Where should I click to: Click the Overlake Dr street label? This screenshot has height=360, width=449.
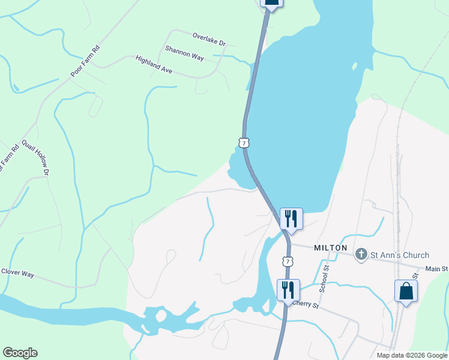(209, 40)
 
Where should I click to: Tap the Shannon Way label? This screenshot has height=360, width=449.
(185, 53)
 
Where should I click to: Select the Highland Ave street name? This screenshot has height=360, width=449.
(154, 65)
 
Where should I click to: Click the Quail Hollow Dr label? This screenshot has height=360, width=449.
(35, 157)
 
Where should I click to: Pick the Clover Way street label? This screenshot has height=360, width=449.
(17, 273)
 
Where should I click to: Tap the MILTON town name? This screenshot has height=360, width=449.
(330, 248)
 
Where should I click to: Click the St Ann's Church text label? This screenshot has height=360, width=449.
(399, 255)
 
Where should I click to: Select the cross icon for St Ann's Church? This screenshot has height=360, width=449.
(361, 254)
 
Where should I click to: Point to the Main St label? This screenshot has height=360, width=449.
(436, 269)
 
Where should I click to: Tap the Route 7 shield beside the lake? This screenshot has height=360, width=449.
(243, 142)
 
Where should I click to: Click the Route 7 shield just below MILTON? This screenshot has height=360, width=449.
(288, 262)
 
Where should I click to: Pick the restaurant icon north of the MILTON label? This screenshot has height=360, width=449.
(291, 218)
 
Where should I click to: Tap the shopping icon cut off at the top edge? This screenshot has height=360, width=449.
(271, 2)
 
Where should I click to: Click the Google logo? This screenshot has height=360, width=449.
(20, 353)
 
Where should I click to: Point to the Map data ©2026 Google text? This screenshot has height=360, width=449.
(411, 355)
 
